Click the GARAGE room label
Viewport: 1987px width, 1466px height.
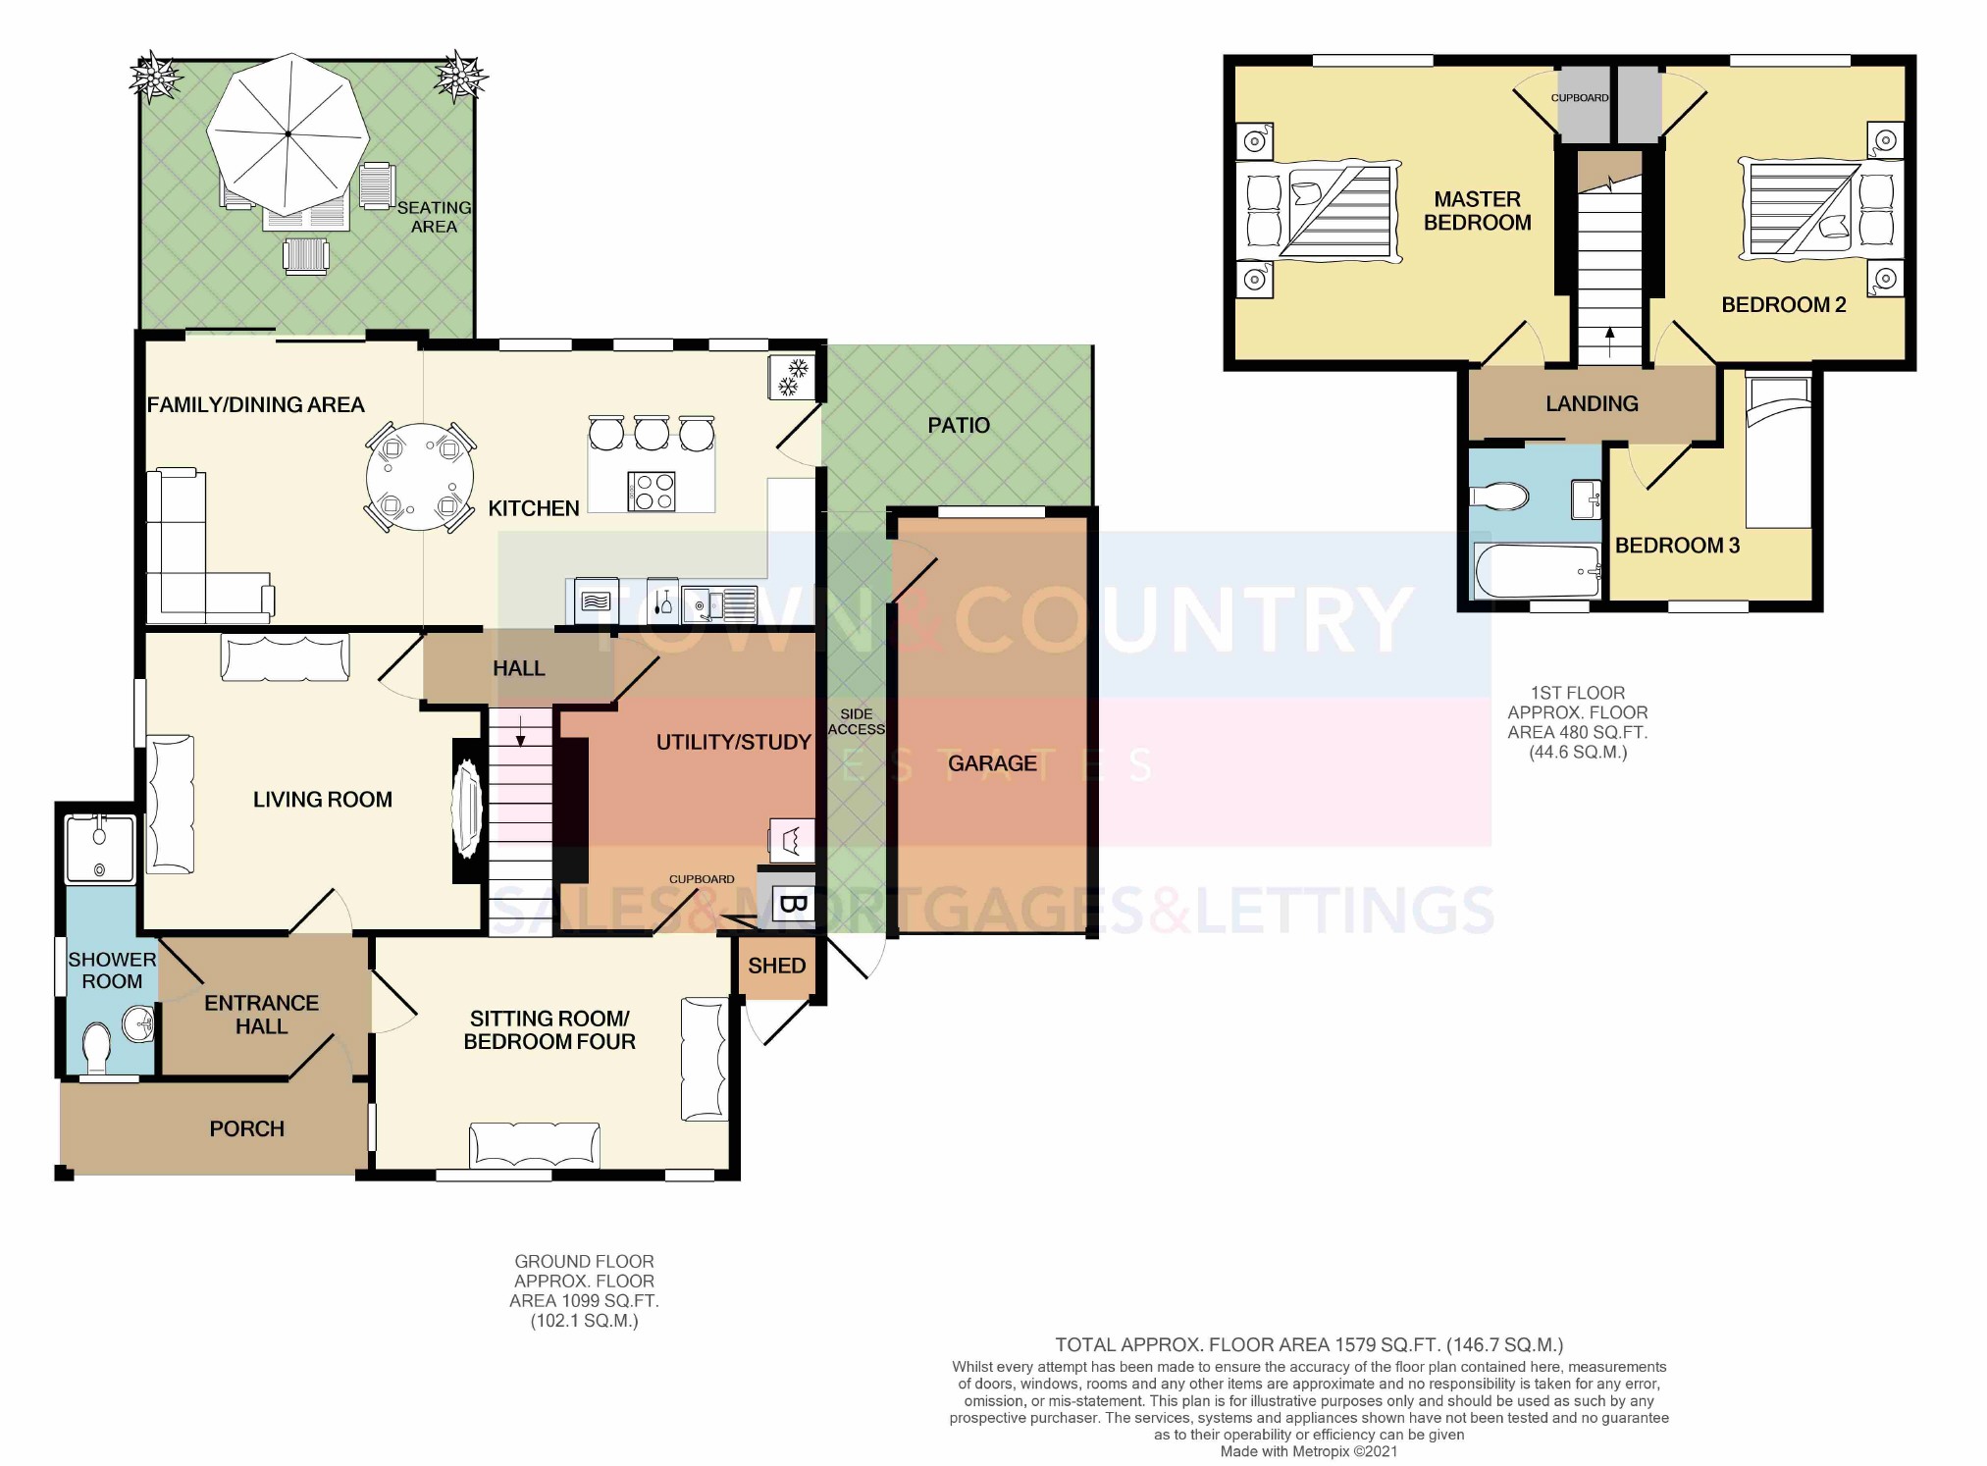click(x=992, y=763)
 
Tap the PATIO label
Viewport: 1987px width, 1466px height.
click(x=959, y=425)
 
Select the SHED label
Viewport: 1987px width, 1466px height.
click(x=776, y=966)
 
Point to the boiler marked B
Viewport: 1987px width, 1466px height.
click(x=793, y=904)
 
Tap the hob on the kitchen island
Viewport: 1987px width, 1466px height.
click(x=652, y=492)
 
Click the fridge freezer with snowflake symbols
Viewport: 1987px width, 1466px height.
click(x=792, y=378)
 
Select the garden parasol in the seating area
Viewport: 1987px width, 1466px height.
click(x=288, y=133)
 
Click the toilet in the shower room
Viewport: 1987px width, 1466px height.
click(x=97, y=1048)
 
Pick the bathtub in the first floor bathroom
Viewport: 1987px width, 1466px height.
click(x=1538, y=571)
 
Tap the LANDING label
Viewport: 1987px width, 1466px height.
click(x=1592, y=403)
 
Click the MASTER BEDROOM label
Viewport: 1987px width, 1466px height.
click(x=1477, y=211)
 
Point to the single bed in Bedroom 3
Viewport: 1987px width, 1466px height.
click(x=1778, y=451)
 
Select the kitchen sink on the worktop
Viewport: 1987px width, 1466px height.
click(x=719, y=602)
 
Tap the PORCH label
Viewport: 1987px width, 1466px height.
click(x=246, y=1128)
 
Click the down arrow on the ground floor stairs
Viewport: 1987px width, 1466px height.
click(x=520, y=731)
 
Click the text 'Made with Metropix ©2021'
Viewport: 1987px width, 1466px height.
click(x=1308, y=1451)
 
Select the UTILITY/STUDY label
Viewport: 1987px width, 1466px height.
click(x=733, y=742)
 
